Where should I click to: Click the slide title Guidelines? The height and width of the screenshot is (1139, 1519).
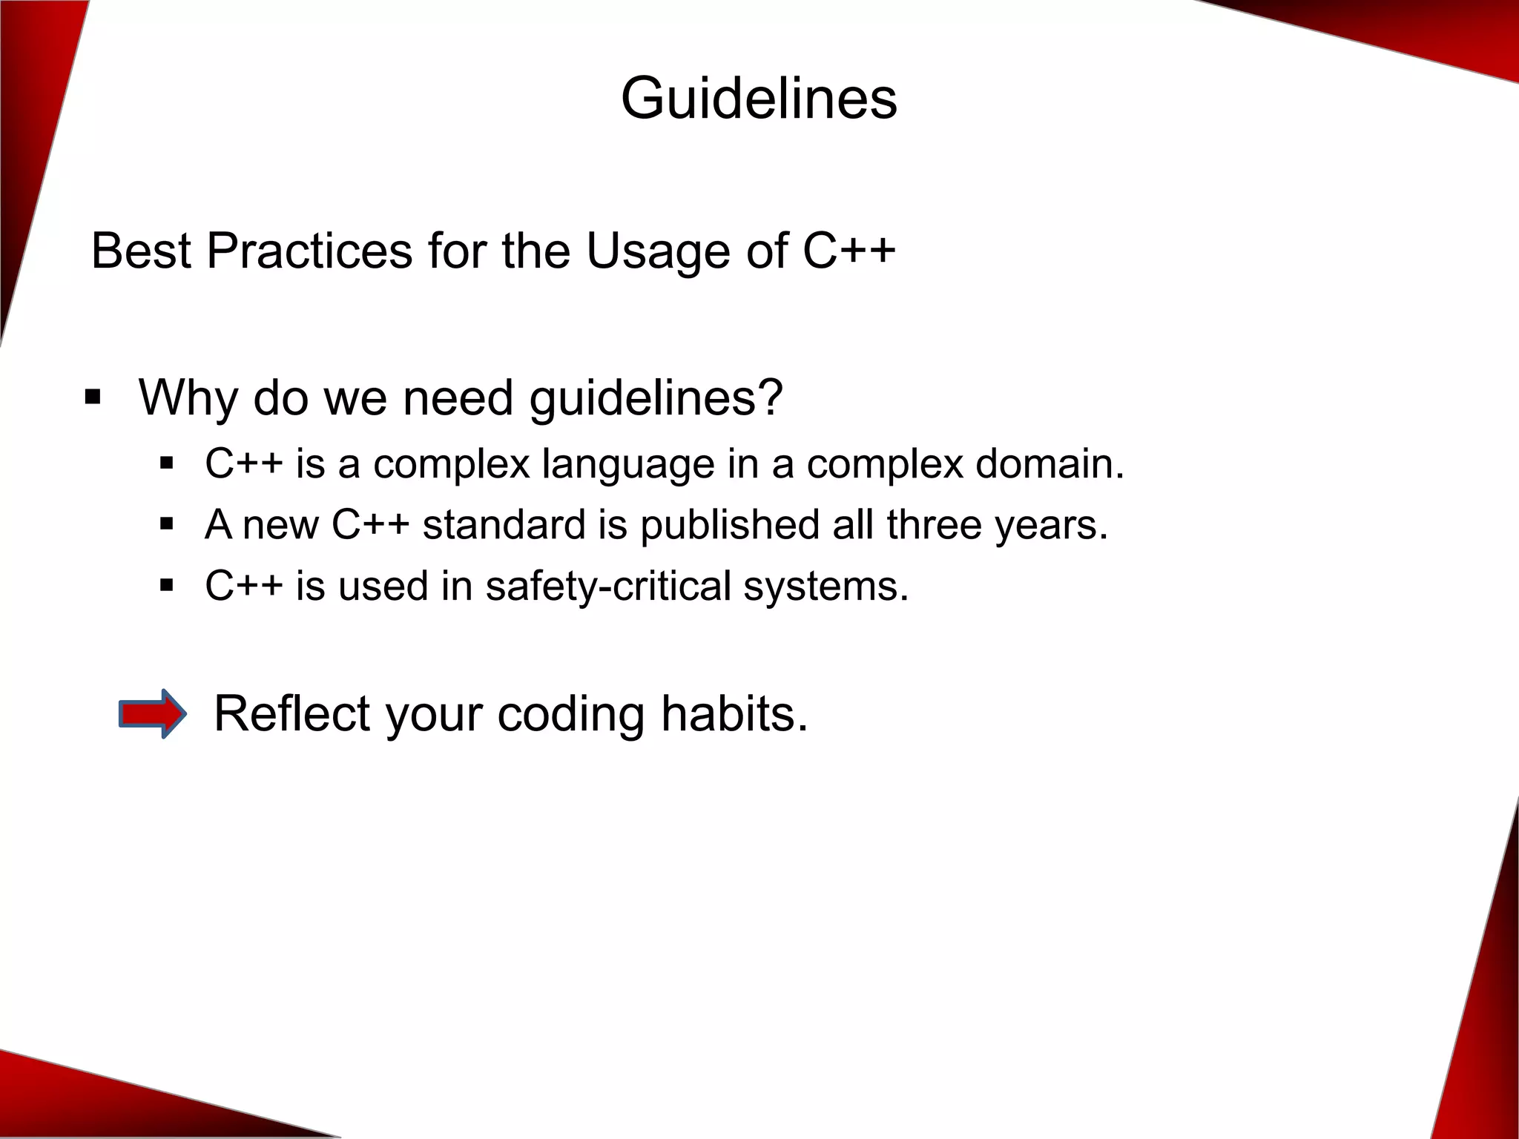pos(759,99)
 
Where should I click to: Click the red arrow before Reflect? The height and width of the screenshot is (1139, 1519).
pos(153,713)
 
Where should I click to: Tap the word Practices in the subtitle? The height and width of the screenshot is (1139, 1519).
pos(309,251)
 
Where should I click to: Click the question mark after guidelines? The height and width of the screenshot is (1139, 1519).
pos(771,397)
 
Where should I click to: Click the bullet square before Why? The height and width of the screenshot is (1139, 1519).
pos(93,397)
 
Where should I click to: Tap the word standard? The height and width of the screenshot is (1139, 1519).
pos(504,525)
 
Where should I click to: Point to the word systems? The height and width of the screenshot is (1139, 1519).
pos(826,587)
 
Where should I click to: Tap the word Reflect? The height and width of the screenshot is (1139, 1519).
pos(291,713)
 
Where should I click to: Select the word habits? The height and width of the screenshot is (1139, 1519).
pos(734,713)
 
